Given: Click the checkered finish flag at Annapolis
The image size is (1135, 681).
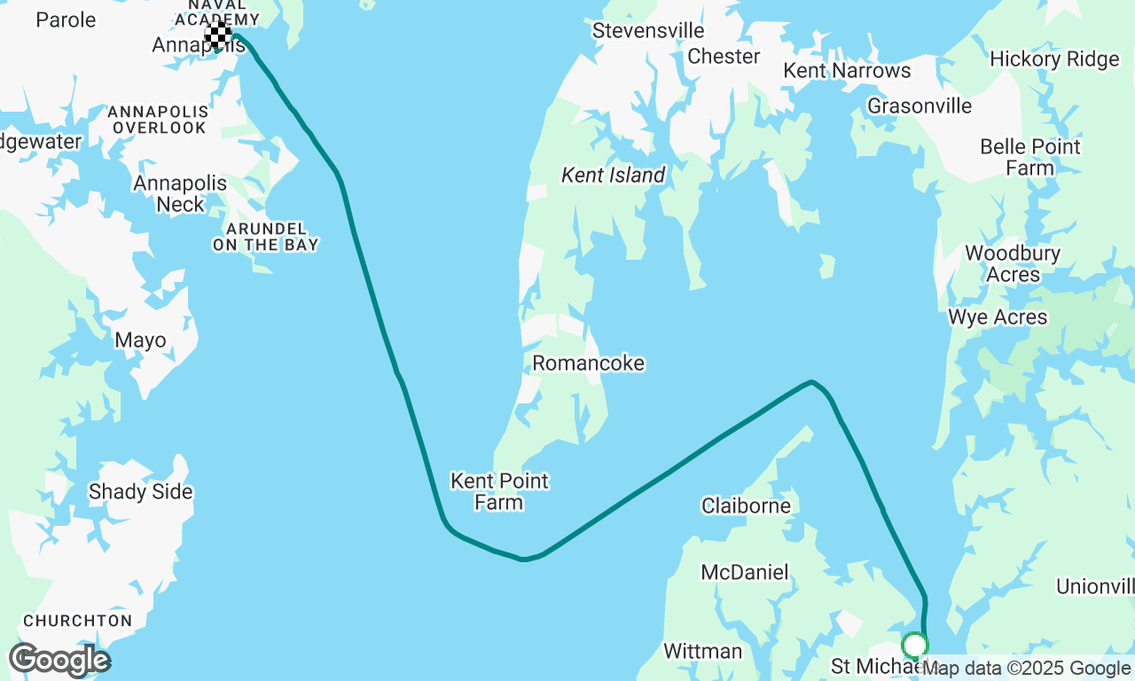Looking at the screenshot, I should tap(218, 35).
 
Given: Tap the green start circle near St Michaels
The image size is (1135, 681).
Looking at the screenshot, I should tap(914, 645).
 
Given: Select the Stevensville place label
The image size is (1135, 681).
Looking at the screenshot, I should tap(648, 30).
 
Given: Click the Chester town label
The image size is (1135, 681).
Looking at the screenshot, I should tap(724, 56).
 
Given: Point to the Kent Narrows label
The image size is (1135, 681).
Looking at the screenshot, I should tap(847, 70).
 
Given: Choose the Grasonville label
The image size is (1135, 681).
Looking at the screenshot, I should tap(920, 106).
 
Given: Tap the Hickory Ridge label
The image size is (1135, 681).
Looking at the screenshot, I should tap(1054, 59).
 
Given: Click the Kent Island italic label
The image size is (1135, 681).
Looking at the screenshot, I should tap(613, 175).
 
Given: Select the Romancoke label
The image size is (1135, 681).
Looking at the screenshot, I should tap(588, 363).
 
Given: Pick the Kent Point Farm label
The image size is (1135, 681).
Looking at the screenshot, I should tap(499, 491).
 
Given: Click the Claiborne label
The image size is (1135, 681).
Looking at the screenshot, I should tap(746, 505).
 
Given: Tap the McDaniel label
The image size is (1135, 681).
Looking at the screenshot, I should tap(744, 572).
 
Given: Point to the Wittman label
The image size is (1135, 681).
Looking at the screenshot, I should tap(702, 651).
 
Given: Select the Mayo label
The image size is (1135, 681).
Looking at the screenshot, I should tap(140, 340).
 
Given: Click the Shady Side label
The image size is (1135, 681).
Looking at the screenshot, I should tap(140, 491).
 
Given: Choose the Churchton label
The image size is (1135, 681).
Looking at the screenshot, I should tap(77, 621).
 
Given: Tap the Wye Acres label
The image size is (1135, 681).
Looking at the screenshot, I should tap(998, 317).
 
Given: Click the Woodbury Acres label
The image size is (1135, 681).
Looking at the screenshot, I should tap(1013, 263).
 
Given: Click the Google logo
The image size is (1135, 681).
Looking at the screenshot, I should tap(59, 660).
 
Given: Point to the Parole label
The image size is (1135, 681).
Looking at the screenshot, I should tap(66, 19).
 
